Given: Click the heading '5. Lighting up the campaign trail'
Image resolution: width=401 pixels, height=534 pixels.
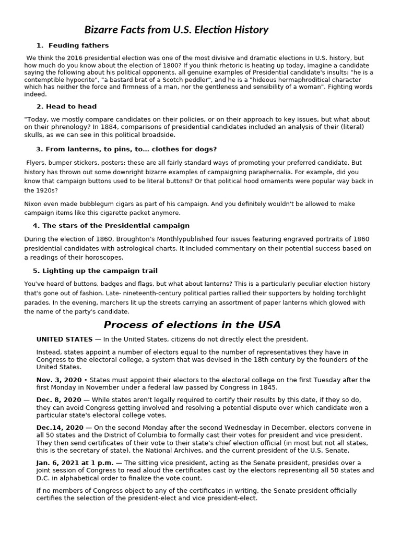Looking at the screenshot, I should point(95,271).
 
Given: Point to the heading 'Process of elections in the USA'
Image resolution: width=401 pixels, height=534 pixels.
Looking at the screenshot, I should point(192,325).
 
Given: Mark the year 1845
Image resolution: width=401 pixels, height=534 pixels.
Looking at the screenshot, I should point(267,387).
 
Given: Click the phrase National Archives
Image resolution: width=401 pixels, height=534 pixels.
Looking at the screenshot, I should point(184,451).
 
